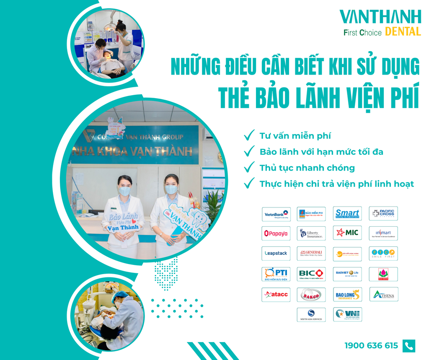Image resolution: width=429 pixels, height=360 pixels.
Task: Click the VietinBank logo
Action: click(x=276, y=214)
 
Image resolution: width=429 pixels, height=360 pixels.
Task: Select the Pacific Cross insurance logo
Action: click(x=383, y=214)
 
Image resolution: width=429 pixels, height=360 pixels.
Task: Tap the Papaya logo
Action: click(x=276, y=233)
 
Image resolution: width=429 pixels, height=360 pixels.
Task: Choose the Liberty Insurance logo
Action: click(x=311, y=233)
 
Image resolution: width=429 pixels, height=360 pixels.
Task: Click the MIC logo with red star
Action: click(x=347, y=233)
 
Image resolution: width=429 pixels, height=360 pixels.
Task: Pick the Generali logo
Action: click(x=311, y=254)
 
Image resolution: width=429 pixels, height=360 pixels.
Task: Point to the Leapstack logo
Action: click(x=276, y=254)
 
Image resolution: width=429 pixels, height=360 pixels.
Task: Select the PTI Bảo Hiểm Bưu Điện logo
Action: click(x=276, y=274)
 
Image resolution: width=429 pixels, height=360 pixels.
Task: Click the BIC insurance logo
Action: click(x=311, y=274)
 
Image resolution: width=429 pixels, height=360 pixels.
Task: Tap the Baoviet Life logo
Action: click(x=347, y=274)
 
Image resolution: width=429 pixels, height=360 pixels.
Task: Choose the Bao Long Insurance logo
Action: click(x=347, y=295)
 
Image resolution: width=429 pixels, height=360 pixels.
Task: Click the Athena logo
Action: click(x=383, y=295)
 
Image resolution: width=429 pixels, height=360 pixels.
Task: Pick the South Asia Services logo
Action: click(x=311, y=315)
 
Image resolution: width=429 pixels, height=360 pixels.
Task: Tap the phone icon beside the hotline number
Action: click(x=408, y=346)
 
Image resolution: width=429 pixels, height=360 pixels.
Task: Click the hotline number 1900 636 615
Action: click(x=371, y=346)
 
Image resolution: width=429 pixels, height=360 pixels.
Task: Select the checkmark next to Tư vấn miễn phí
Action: click(x=249, y=135)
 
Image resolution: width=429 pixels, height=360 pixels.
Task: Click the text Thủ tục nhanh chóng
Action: click(x=307, y=168)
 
